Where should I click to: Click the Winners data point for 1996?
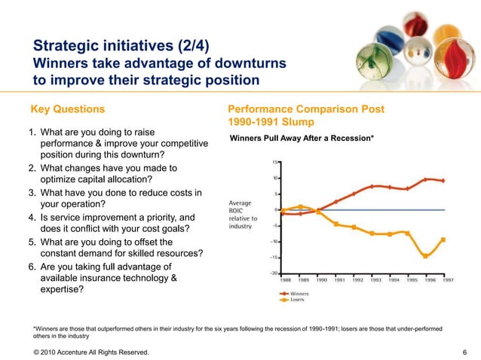tap(426, 179)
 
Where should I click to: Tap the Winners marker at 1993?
tap(372, 186)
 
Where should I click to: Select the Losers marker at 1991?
tap(336, 224)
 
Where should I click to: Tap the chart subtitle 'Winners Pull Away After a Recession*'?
tap(302, 138)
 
